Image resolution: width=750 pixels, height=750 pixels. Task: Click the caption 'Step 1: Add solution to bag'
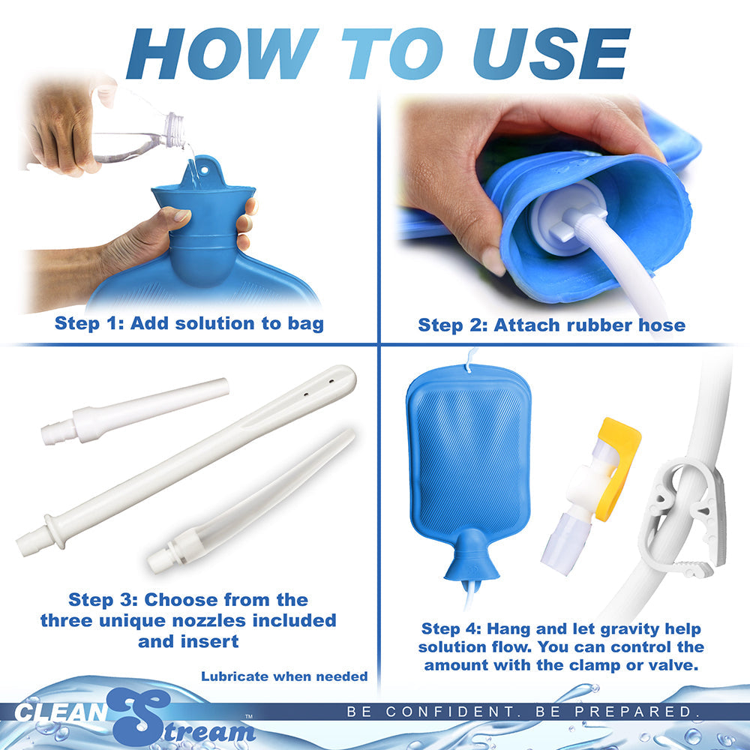point(189,324)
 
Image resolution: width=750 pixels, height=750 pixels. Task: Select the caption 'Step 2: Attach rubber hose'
point(551,325)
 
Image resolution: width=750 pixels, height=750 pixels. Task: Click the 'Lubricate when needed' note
point(284,676)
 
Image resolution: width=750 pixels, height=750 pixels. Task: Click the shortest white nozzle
point(135,413)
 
